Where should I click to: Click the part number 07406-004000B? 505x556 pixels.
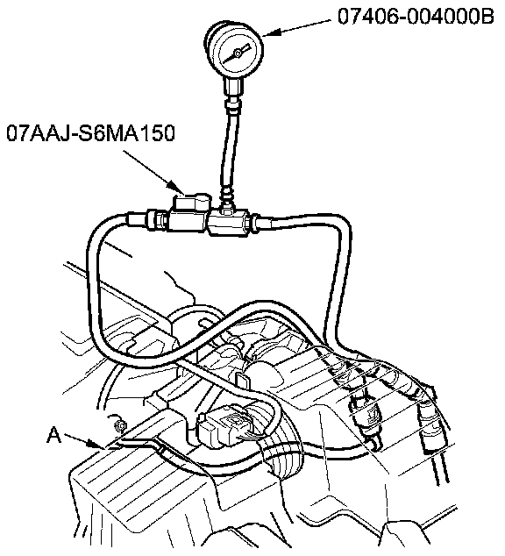pos(416,17)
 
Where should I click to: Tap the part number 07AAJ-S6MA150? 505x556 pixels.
pos(90,133)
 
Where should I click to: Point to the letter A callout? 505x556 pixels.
pos(53,435)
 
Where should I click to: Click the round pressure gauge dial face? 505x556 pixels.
pos(238,53)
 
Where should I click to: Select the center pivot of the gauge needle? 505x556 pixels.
pos(238,53)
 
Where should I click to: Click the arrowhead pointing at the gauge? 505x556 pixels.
pos(272,32)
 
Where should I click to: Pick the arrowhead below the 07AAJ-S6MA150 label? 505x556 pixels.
pos(176,188)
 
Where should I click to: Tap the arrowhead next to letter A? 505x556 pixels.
pos(95,445)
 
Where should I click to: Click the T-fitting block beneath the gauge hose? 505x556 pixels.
pos(229,224)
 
